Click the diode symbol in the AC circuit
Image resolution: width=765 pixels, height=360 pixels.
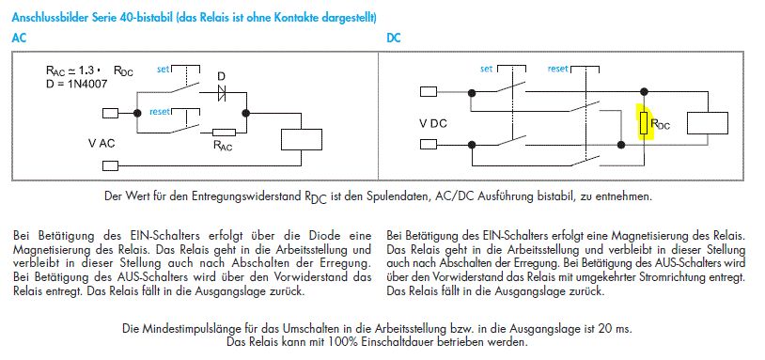[222, 93]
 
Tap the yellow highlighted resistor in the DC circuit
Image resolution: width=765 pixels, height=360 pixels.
[644, 123]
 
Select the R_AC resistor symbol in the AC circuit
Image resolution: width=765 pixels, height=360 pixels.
[225, 133]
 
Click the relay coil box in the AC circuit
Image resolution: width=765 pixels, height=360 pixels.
[302, 139]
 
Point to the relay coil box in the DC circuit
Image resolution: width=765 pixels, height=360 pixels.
[708, 123]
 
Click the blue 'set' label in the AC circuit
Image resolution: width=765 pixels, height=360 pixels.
[163, 70]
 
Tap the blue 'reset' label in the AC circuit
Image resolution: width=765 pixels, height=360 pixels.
[160, 112]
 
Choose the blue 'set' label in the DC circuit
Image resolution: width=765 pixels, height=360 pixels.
[487, 70]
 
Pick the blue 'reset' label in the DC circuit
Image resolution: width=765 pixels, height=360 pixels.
[557, 69]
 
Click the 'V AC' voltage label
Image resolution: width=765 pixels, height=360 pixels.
[101, 144]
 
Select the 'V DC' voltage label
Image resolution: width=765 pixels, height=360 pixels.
[432, 123]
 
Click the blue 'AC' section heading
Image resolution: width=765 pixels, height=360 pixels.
[19, 38]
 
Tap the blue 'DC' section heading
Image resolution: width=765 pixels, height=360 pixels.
[393, 38]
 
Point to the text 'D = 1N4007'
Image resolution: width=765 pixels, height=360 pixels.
[75, 84]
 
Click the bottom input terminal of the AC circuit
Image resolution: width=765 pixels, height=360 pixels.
[110, 165]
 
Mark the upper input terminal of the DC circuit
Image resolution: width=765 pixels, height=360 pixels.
[429, 92]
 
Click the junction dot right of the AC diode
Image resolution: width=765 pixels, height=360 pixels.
[246, 113]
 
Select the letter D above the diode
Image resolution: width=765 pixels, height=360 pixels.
[222, 77]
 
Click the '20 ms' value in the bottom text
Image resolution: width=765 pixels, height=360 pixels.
[617, 328]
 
